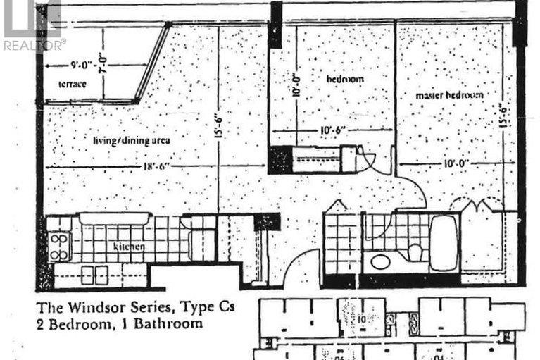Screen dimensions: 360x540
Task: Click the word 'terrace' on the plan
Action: click(73, 85)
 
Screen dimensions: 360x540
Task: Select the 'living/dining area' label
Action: click(132, 140)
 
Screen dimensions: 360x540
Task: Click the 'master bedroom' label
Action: click(448, 94)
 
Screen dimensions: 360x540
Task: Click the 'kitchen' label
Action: click(130, 247)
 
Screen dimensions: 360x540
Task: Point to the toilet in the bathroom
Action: click(415, 252)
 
